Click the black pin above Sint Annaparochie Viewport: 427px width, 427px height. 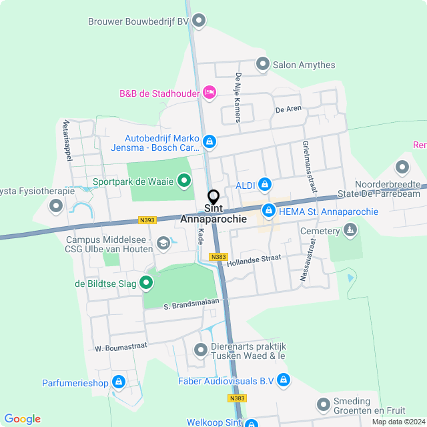tap(213, 197)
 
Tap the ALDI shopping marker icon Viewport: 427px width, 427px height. tap(265, 183)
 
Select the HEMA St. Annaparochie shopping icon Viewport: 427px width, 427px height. tap(269, 211)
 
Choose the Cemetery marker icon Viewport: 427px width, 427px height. tap(350, 231)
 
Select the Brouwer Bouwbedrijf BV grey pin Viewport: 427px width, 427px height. tap(199, 21)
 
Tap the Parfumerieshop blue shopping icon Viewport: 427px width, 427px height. tap(119, 382)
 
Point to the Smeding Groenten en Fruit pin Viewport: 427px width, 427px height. tap(324, 405)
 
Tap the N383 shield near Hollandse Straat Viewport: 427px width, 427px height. tap(218, 257)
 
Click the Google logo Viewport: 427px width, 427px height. tap(23, 418)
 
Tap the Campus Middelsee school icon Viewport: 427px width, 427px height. tap(163, 245)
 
